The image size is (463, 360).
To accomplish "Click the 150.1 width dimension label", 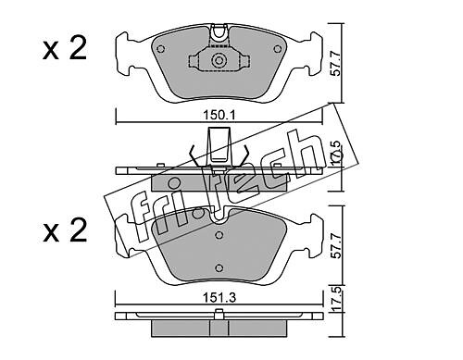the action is coord(219,116).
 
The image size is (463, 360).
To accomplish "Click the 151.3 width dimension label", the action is coord(219,298).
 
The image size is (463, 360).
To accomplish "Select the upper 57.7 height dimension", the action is coord(336,64).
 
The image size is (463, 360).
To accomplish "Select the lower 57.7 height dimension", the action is coord(336,246).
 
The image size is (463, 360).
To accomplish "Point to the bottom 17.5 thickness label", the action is coord(336,299).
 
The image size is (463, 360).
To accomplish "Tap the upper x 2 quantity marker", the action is coord(65,48).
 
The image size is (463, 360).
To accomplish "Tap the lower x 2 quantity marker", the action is coord(65,230).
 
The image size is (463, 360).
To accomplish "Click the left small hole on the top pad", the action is coord(160,49).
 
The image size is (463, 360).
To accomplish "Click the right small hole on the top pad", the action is coord(278,49).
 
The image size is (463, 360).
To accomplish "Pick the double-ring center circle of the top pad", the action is coord(219,60).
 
